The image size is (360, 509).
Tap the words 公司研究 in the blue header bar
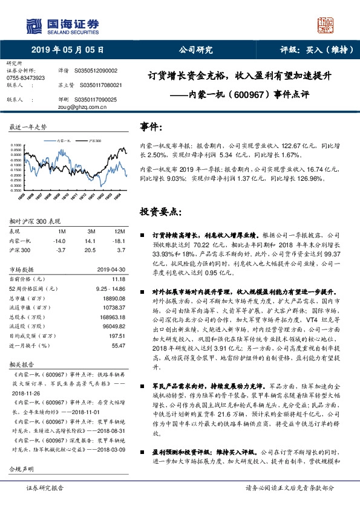pos(195,50)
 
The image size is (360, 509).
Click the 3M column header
pos(91,232)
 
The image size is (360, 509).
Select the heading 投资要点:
pos(160,212)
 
